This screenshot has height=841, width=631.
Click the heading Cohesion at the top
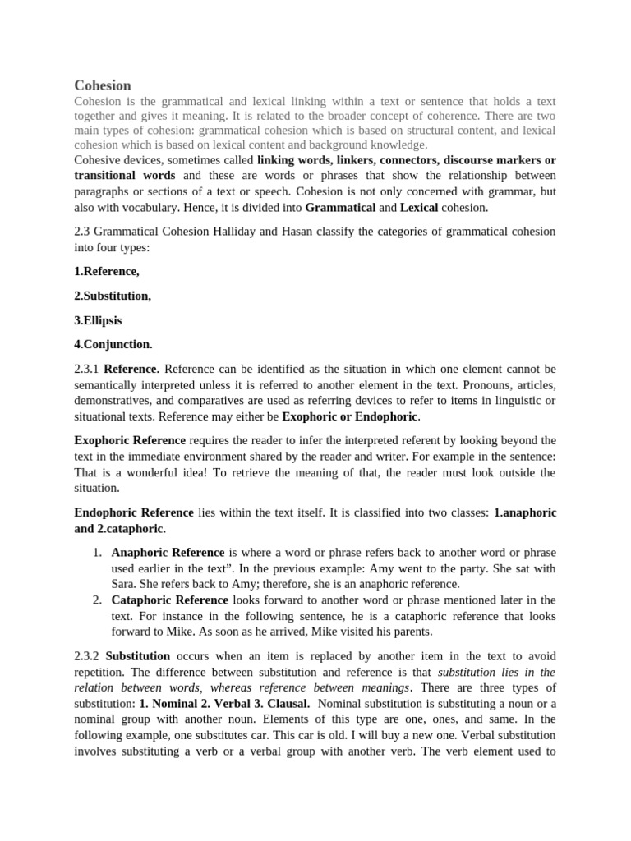(103, 85)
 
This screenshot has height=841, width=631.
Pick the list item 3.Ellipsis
(98, 319)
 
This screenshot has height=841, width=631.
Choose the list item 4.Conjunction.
(113, 344)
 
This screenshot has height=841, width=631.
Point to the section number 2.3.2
(87, 656)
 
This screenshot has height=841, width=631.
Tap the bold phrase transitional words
(125, 176)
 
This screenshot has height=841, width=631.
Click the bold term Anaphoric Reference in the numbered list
(168, 553)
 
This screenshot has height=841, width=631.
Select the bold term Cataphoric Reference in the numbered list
(170, 600)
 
